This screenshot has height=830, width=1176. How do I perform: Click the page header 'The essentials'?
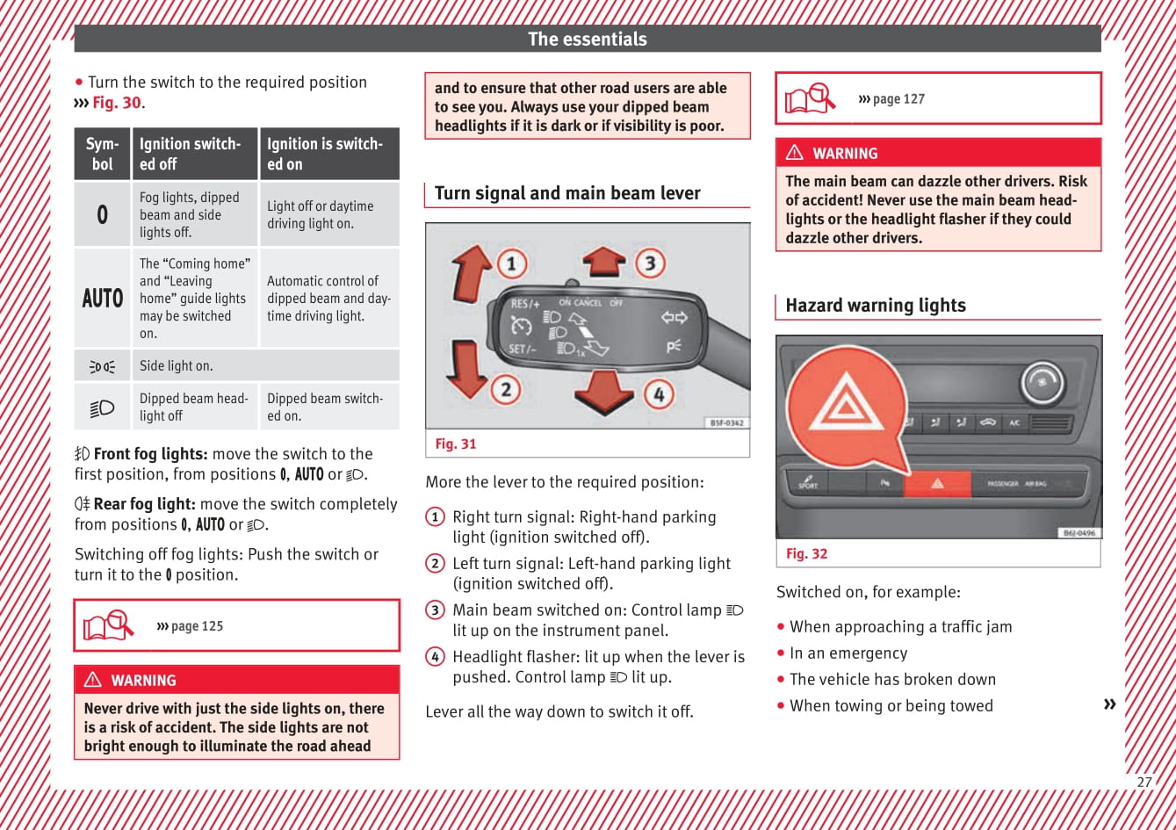587,39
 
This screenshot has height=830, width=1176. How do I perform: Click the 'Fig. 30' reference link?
117,103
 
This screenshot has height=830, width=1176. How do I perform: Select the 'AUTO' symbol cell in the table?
103,298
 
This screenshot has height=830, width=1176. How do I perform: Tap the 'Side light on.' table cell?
177,365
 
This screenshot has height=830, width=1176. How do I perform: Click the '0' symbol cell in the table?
103,214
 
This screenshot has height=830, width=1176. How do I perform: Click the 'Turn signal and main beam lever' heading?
567,193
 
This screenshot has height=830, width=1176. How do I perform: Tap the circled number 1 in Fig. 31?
511,263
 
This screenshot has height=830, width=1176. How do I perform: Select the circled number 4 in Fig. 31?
659,394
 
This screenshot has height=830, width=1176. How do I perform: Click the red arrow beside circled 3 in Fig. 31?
604,262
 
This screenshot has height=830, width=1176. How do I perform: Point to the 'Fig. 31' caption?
456,444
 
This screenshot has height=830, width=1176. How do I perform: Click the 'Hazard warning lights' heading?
875,306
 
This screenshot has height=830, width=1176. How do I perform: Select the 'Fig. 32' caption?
806,553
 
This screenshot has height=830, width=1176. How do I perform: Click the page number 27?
1144,782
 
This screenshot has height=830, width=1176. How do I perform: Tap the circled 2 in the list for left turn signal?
435,564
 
